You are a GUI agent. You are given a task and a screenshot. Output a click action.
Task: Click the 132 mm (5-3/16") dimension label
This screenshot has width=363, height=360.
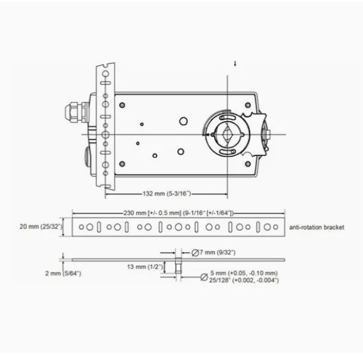pyautogui.click(x=166, y=194)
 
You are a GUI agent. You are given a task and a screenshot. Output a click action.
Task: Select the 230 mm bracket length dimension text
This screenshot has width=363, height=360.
pyautogui.click(x=179, y=213)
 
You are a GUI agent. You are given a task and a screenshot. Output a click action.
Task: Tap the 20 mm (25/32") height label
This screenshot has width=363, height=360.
pyautogui.click(x=41, y=227)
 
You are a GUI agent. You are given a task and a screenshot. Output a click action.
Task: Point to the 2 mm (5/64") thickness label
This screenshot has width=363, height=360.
pyautogui.click(x=63, y=274)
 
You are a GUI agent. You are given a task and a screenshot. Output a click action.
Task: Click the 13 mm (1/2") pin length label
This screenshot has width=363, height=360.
pyautogui.click(x=145, y=267)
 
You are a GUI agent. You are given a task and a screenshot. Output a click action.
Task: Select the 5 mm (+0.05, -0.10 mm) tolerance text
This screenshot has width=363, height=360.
pyautogui.click(x=244, y=273)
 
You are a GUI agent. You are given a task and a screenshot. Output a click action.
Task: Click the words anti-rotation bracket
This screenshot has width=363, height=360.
pyautogui.click(x=317, y=227)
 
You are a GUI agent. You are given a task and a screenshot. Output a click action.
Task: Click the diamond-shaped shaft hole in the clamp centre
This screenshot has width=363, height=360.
pyautogui.click(x=227, y=134)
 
